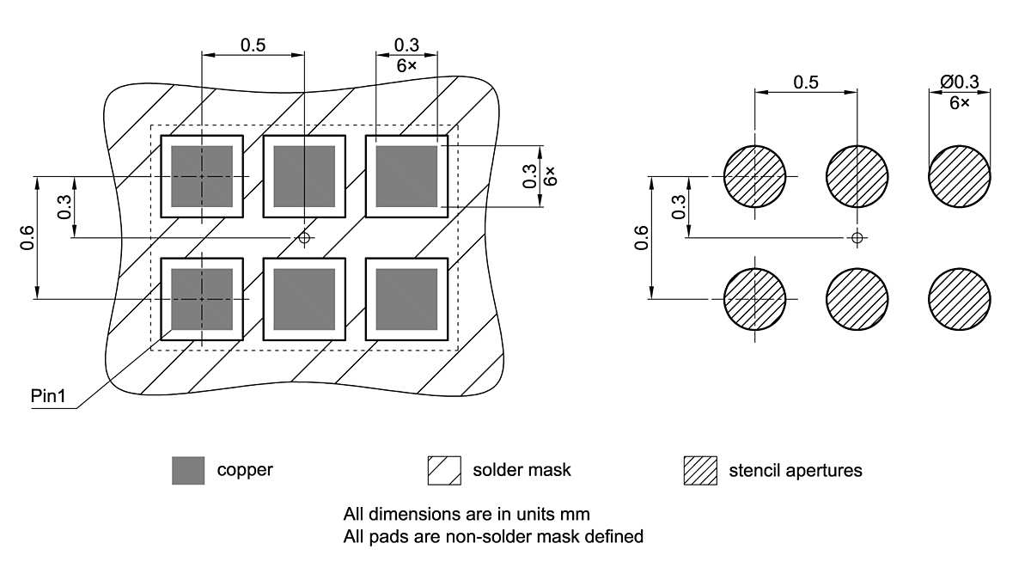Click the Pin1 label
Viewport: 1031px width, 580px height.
coord(48,396)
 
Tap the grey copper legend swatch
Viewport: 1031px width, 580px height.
coord(188,470)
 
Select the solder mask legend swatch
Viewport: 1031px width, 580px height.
coord(444,470)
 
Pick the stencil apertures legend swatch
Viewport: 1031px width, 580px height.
coord(700,470)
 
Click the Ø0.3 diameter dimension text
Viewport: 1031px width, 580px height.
coord(959,82)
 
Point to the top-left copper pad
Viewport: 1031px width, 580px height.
coord(202,176)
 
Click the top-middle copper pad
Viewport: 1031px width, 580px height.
coord(304,176)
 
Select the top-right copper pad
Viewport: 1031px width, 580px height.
coord(406,176)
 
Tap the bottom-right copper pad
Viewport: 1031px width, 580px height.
coord(406,299)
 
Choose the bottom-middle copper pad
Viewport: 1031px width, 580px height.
coord(304,299)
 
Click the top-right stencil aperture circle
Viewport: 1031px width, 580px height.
coord(959,176)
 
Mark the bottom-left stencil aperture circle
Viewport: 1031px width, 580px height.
coord(755,299)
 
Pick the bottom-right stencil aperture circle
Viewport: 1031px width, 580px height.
coord(959,299)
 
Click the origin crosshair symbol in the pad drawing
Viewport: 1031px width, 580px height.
coord(304,237)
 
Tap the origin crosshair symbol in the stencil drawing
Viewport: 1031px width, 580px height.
coord(857,237)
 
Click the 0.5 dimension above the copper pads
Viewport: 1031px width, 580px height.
coord(253,45)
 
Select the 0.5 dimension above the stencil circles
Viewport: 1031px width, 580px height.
coord(806,82)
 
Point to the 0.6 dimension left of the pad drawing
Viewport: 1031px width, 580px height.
coord(27,237)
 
